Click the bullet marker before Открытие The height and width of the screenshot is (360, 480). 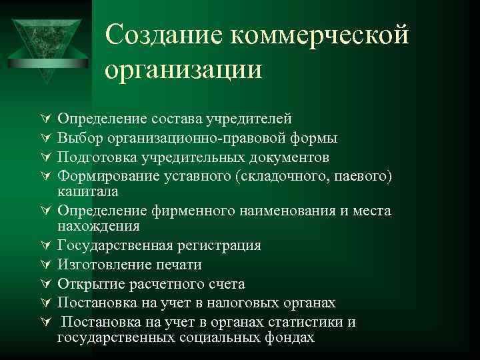point(47,285)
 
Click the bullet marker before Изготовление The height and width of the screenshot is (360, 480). point(47,265)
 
